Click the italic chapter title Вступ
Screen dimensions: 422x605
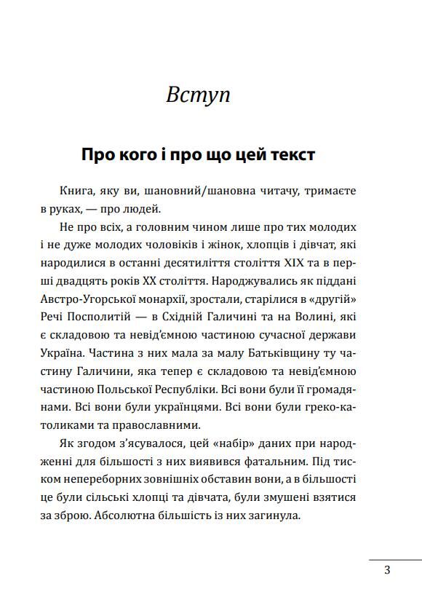(x=198, y=95)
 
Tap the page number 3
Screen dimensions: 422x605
(x=387, y=570)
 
